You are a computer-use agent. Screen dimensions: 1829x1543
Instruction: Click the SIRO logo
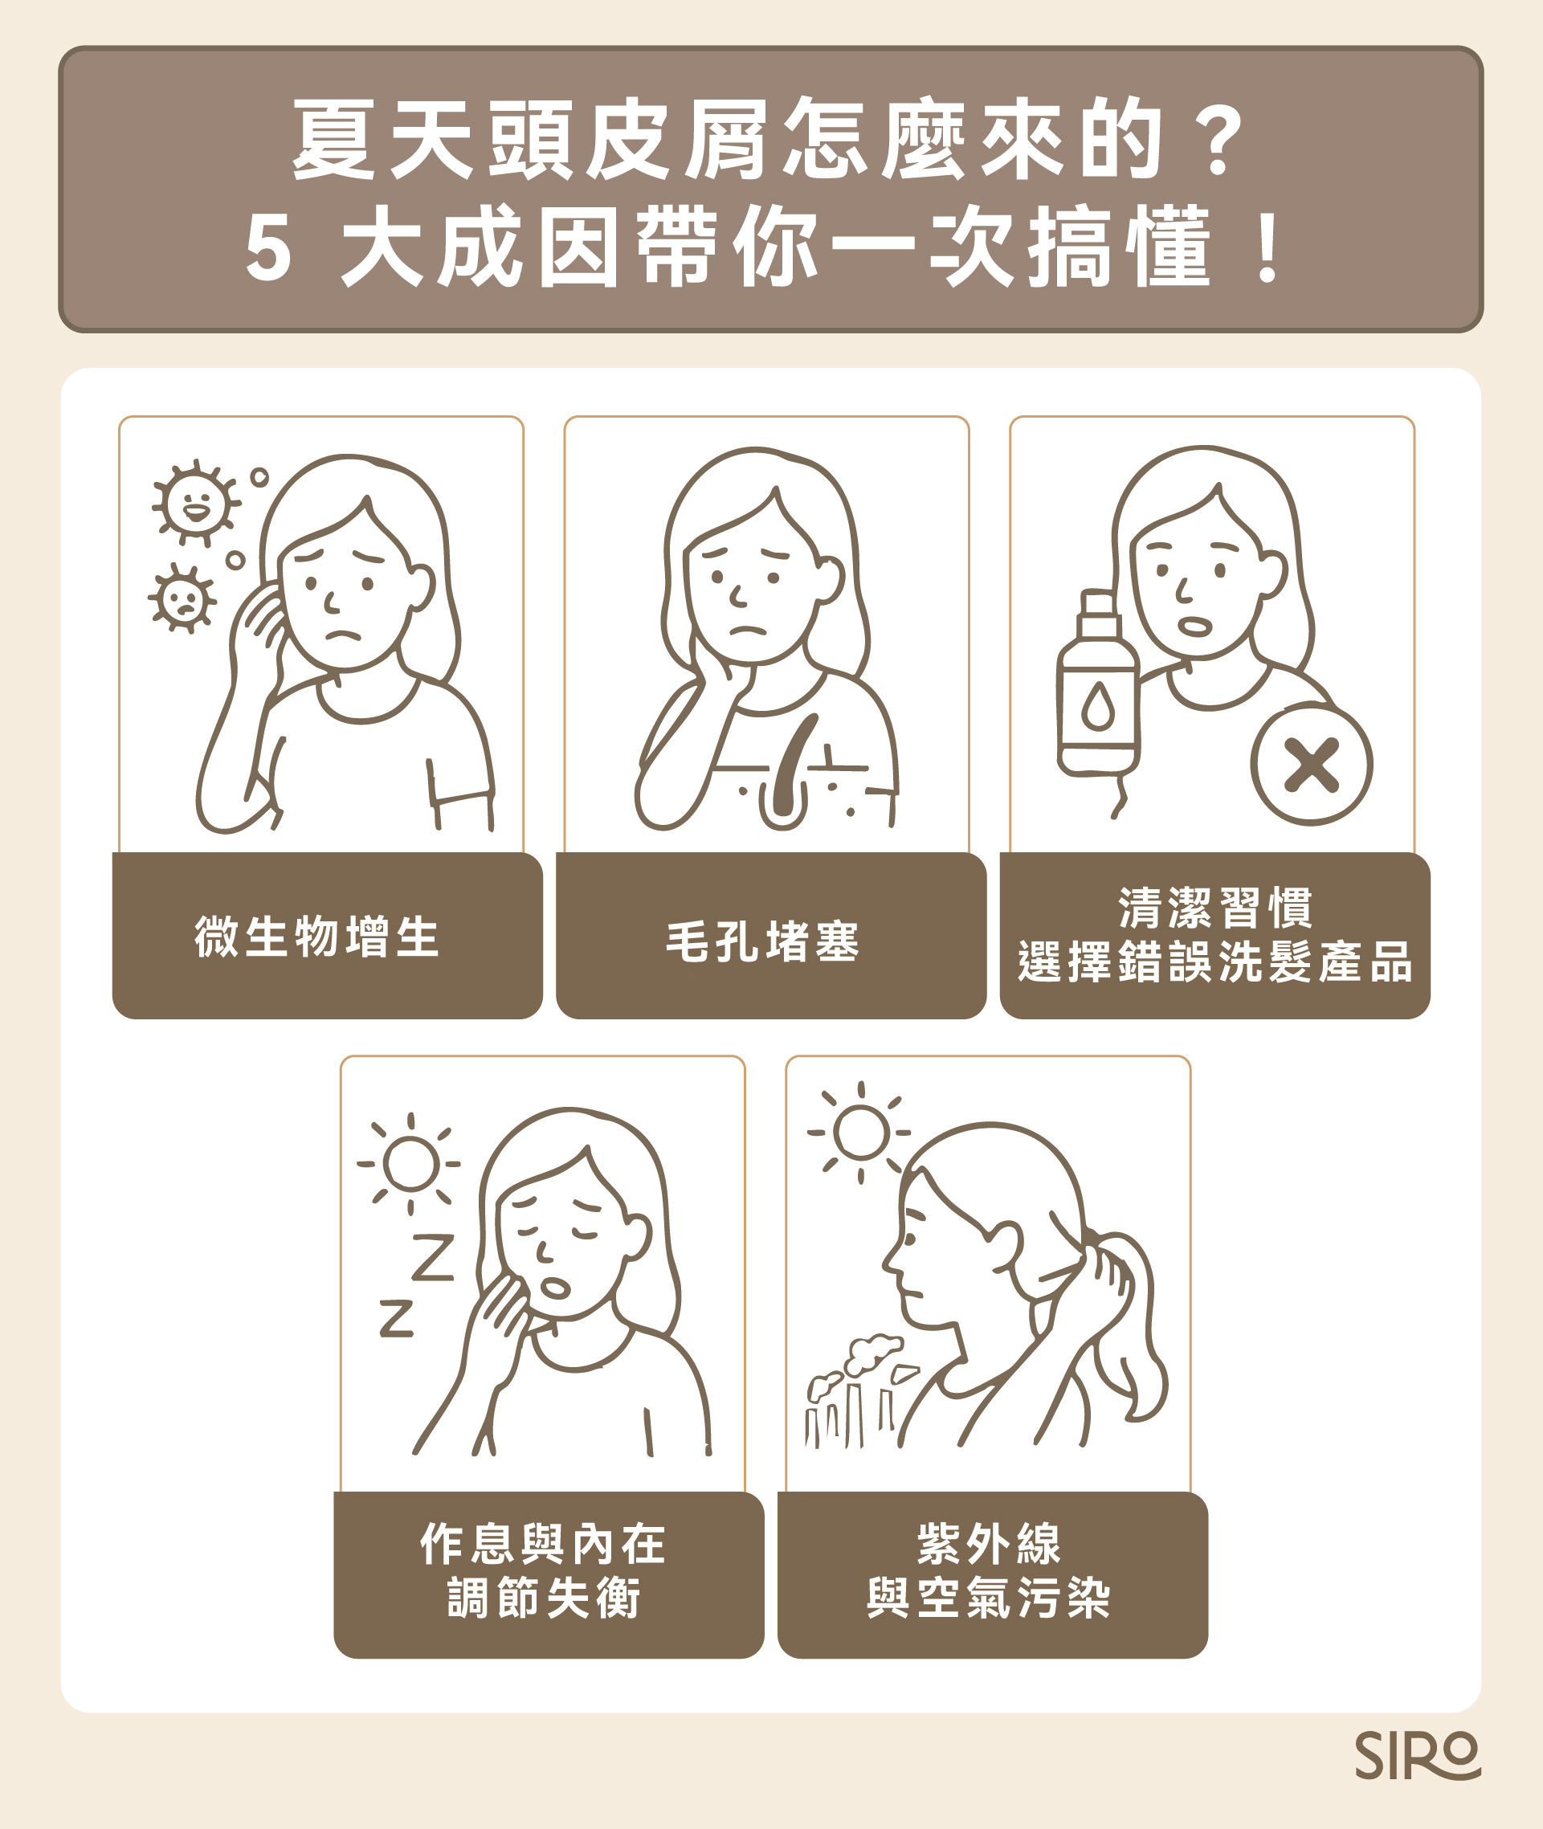coord(1417,1754)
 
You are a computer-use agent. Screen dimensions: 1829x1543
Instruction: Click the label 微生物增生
coord(316,936)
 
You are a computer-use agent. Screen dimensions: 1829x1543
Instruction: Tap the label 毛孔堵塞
coord(763,942)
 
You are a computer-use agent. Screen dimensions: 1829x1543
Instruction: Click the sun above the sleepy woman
coord(410,1164)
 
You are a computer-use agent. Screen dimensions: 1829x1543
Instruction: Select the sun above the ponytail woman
coord(859,1133)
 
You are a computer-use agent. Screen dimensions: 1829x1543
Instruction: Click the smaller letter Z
coord(396,1318)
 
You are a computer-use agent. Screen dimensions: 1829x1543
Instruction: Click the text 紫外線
coord(989,1544)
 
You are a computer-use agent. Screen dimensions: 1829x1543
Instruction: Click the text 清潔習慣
coord(1215,907)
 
